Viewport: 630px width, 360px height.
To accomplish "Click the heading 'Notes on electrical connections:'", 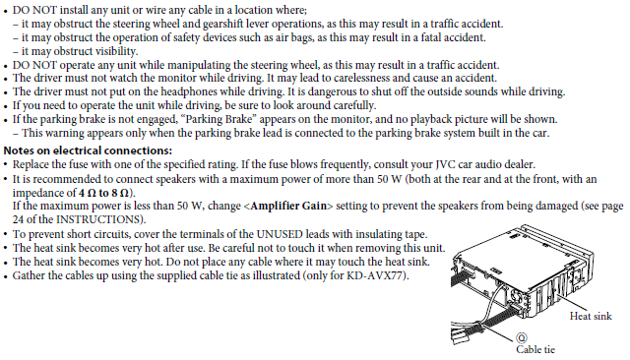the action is click(x=88, y=150).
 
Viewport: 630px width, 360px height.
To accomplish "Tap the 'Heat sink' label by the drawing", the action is click(x=591, y=317).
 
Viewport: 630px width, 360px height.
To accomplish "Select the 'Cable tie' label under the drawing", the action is click(x=535, y=349).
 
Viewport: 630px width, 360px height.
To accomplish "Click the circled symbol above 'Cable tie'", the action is click(x=521, y=337).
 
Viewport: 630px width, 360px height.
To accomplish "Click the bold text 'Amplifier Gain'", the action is click(x=288, y=206).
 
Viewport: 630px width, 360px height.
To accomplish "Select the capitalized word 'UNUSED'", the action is click(x=280, y=234).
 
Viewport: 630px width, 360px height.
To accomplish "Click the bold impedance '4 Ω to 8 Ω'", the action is click(x=103, y=193).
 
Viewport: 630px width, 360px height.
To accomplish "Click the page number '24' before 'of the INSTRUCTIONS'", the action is click(x=18, y=219).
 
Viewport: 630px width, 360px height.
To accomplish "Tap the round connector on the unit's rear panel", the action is click(x=516, y=297).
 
